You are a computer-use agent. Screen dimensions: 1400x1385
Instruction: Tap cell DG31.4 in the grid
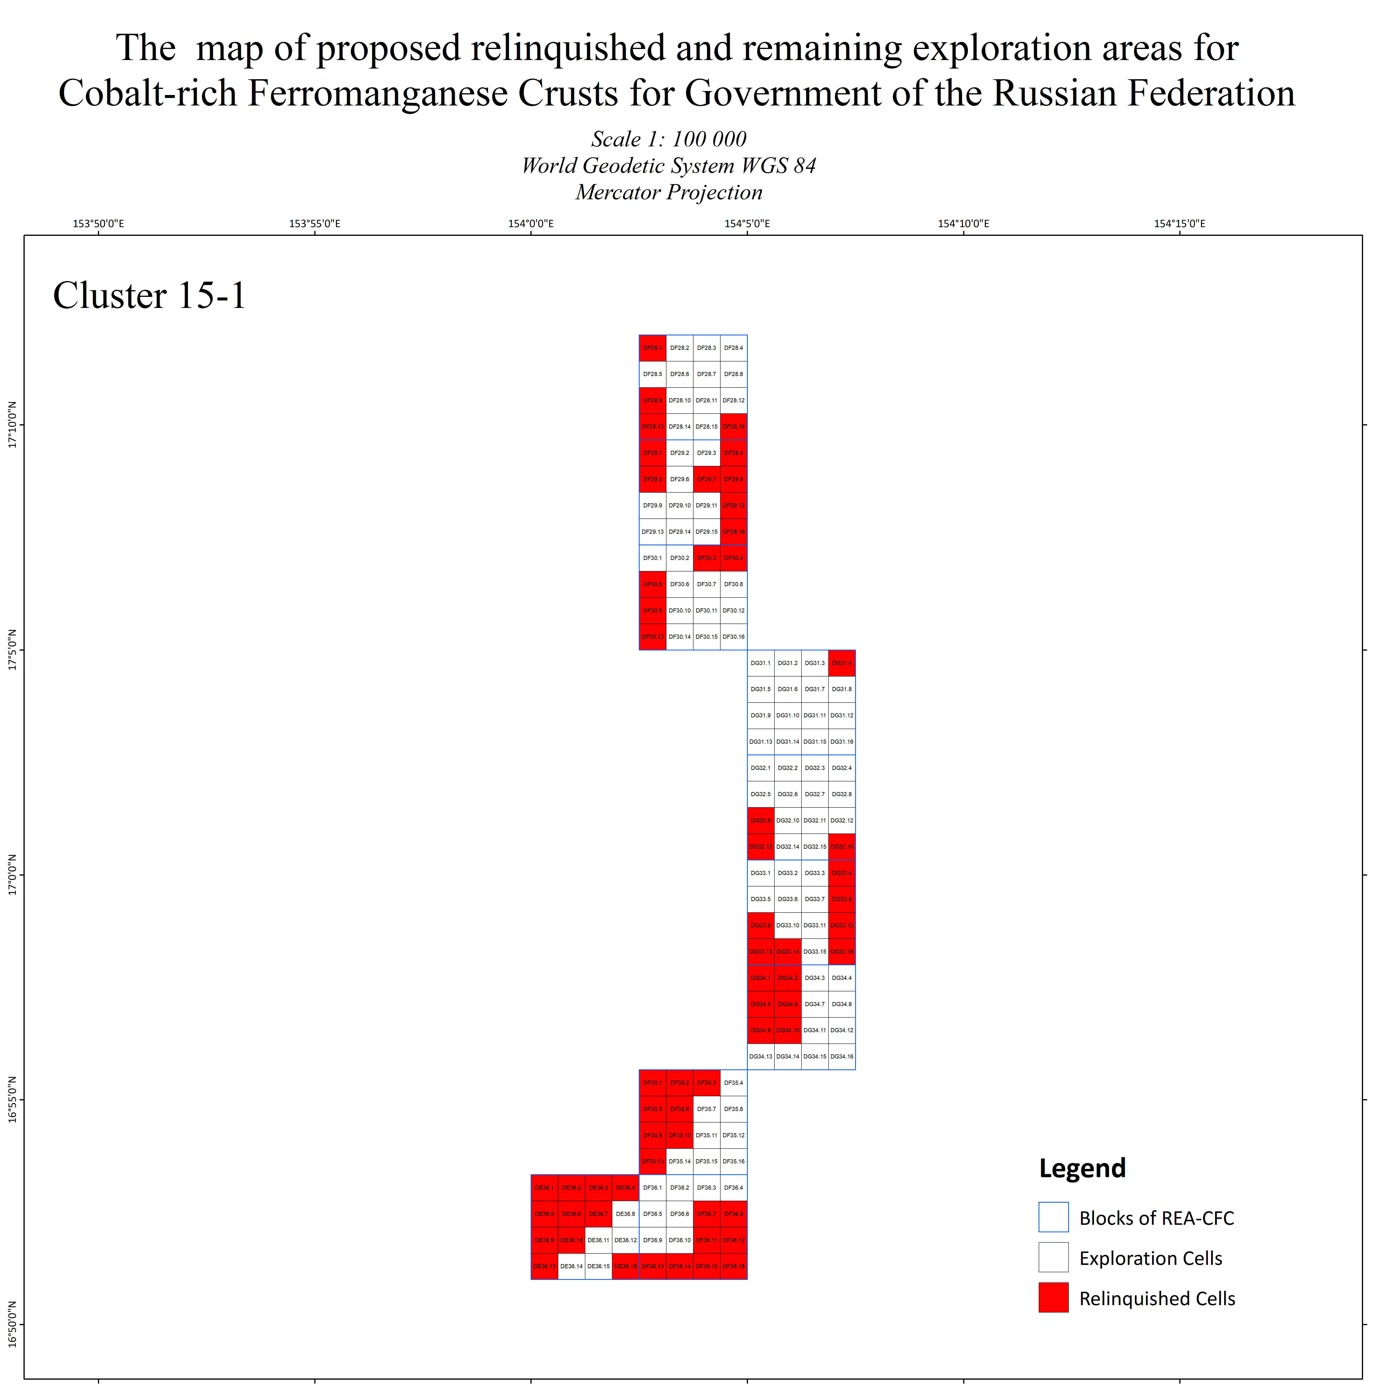click(x=842, y=663)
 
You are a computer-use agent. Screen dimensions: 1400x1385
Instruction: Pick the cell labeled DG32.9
click(x=761, y=820)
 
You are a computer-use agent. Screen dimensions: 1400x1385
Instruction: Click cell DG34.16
click(x=842, y=1057)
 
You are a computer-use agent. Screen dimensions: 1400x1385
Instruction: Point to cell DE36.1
click(x=544, y=1188)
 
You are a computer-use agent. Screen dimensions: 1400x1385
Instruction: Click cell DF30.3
click(x=706, y=558)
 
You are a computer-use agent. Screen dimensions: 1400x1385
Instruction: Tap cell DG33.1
click(x=761, y=873)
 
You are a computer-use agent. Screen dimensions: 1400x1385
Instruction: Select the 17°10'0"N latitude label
click(x=12, y=425)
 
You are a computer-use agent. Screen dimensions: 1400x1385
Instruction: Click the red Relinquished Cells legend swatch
click(x=1053, y=1298)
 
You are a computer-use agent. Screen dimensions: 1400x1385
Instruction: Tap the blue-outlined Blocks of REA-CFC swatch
click(x=1053, y=1217)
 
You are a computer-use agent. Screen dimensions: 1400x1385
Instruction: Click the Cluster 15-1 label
click(x=150, y=296)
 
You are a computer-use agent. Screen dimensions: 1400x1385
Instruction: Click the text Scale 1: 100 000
click(x=669, y=139)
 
